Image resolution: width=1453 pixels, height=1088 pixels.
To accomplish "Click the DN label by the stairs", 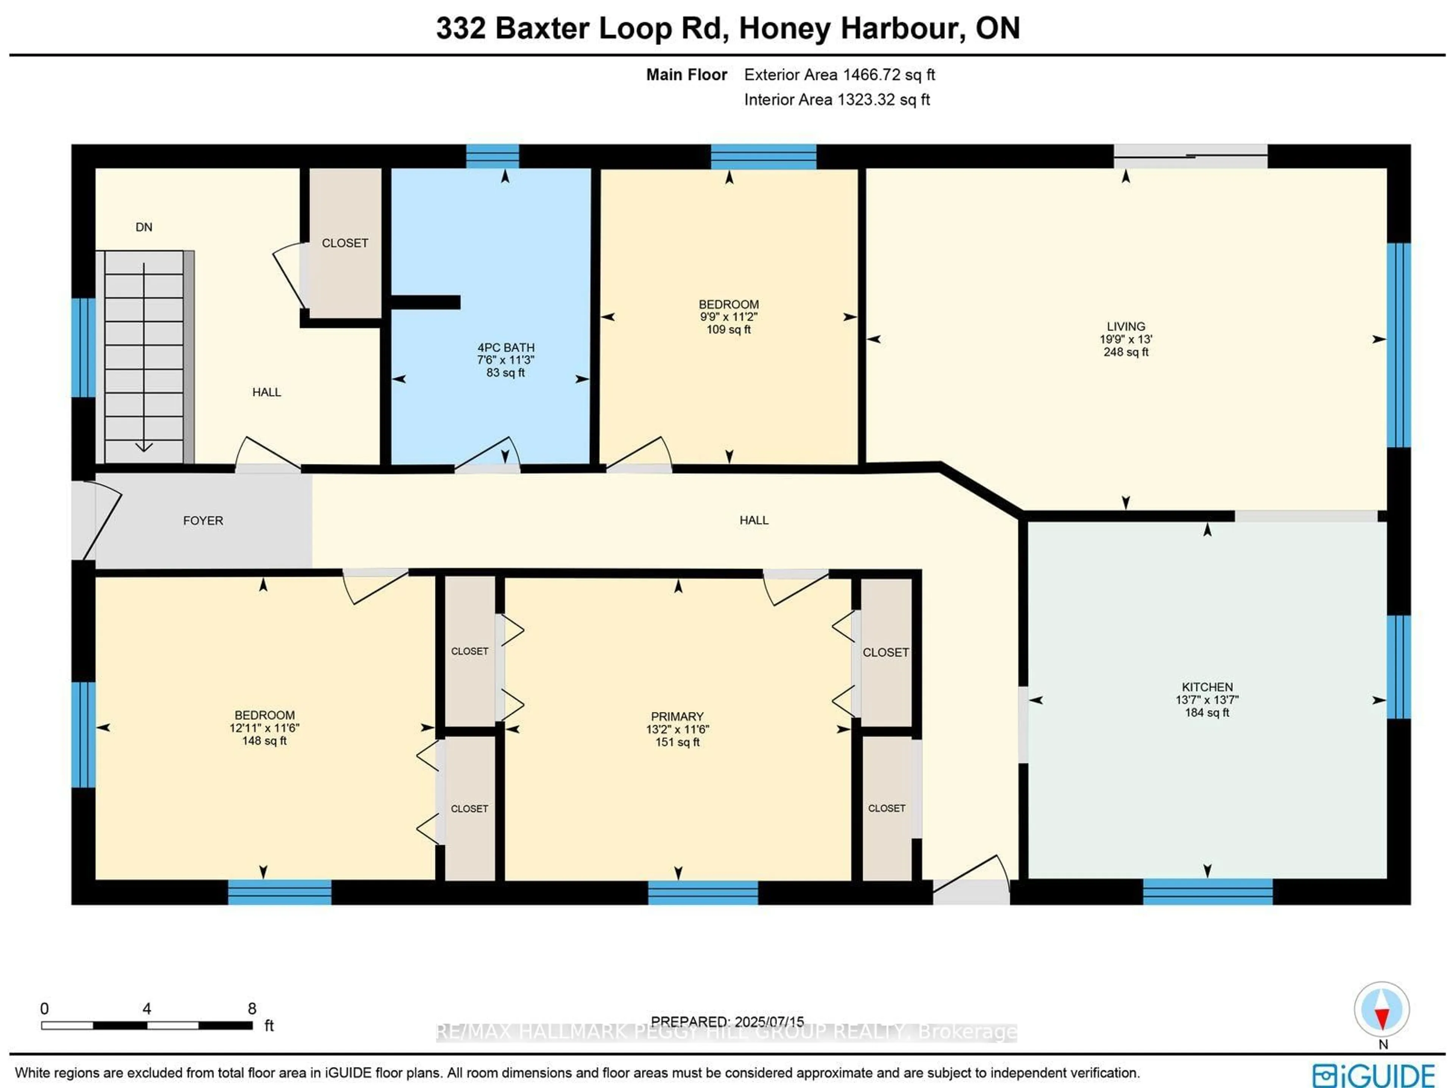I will (144, 227).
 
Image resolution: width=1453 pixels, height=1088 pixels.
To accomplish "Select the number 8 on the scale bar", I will (252, 1009).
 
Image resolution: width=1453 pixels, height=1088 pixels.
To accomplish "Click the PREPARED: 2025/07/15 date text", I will (727, 1022).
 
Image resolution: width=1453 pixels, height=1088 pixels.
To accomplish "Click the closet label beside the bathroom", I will (345, 243).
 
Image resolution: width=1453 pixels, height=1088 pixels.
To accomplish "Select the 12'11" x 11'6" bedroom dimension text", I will (264, 728).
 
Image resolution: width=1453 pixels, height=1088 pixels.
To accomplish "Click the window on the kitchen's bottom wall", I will (1207, 892).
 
